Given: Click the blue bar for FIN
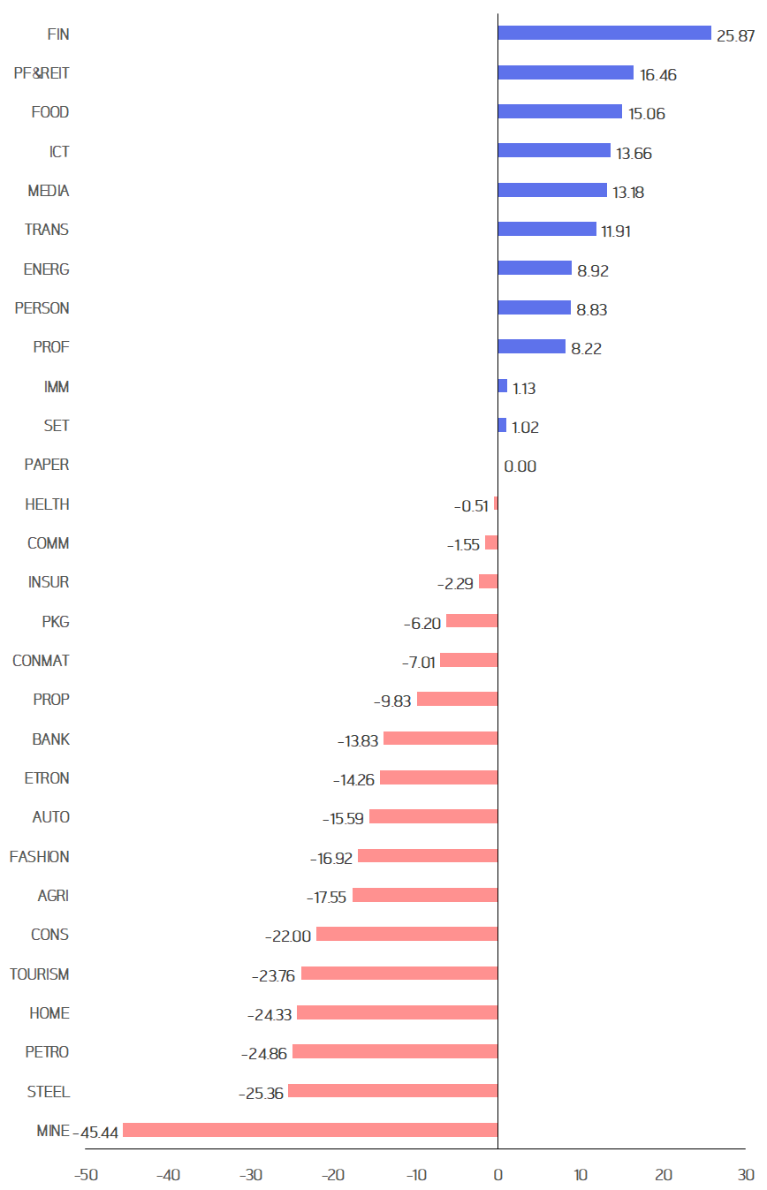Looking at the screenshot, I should click(x=604, y=33).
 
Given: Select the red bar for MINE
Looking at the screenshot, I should click(x=310, y=1130).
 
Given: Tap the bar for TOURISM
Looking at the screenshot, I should click(x=399, y=974).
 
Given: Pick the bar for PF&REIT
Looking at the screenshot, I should click(x=566, y=72).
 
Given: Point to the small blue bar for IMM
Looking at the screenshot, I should click(x=503, y=386).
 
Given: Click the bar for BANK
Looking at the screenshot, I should click(x=440, y=739).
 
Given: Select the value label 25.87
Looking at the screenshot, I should click(x=735, y=36).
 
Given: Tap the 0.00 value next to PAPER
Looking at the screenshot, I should click(x=520, y=466).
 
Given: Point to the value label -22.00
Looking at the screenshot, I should click(x=288, y=936).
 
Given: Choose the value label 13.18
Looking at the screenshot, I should click(x=628, y=193).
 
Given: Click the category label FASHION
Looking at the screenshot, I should click(x=39, y=856).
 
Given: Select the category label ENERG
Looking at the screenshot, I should click(x=46, y=269).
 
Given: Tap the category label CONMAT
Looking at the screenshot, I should click(x=41, y=660).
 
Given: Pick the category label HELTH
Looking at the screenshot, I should click(x=48, y=504).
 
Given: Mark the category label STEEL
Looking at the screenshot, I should click(x=48, y=1091).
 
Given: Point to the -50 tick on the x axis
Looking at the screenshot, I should click(x=85, y=1175).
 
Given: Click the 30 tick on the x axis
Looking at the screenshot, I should click(x=746, y=1175).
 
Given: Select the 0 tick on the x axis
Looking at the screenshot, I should click(x=497, y=1175).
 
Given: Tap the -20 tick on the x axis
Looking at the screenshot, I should click(x=332, y=1175).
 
